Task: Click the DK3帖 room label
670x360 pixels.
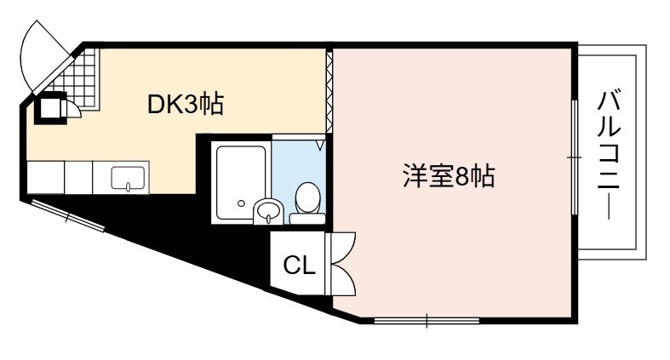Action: coord(185,104)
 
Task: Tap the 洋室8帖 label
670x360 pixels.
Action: coord(449,176)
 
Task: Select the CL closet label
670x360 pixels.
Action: coord(299,266)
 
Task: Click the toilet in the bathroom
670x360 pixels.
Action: coord(306,203)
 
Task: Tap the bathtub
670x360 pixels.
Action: coord(242,182)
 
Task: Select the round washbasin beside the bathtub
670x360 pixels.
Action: coord(268,211)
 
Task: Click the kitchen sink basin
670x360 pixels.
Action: coord(129,178)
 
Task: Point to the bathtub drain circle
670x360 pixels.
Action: coord(242,203)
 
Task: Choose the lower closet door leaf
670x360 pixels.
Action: coord(342,280)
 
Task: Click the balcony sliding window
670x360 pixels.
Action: coord(575,157)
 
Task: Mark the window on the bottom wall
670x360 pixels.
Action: coord(427,320)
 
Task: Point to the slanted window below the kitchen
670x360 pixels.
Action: coord(67,215)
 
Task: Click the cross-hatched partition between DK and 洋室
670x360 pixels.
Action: coord(329,92)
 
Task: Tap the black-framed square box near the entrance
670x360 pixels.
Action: coord(50,108)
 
